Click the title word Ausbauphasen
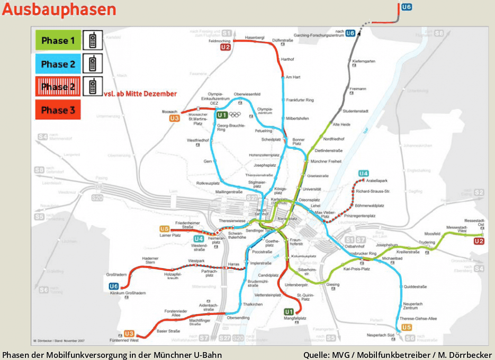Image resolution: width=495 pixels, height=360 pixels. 59,10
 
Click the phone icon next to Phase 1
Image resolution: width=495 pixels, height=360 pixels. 93,40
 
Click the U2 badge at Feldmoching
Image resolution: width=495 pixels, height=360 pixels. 226,47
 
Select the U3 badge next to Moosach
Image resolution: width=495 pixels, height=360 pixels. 174,119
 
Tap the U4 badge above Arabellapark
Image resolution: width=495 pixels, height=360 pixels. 363,174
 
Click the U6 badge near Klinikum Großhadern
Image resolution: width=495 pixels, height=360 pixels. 114,286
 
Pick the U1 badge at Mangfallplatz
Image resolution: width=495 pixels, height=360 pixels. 289,311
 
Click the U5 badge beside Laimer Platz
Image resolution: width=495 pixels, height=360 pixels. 164,229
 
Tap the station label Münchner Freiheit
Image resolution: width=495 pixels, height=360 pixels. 326,161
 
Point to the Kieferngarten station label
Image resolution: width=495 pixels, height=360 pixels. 363,61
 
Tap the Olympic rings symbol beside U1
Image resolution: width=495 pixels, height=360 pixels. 235,114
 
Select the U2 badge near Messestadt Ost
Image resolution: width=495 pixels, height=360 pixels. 479,241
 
